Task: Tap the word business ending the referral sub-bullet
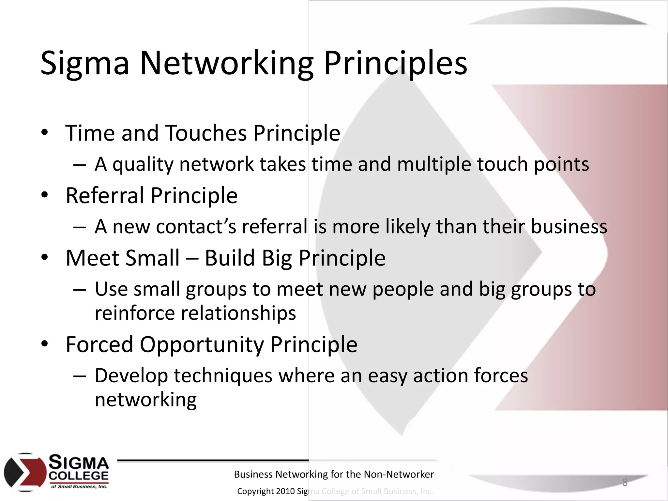click(x=569, y=226)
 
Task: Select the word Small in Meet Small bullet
click(x=152, y=258)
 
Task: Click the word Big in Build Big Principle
click(x=277, y=258)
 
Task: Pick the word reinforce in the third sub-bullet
click(x=135, y=313)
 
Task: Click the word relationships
click(x=238, y=313)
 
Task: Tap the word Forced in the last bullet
click(x=99, y=344)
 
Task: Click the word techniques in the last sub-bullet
click(x=223, y=376)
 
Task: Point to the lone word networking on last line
click(x=145, y=400)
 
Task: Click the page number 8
click(x=625, y=482)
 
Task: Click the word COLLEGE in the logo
click(x=79, y=476)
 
